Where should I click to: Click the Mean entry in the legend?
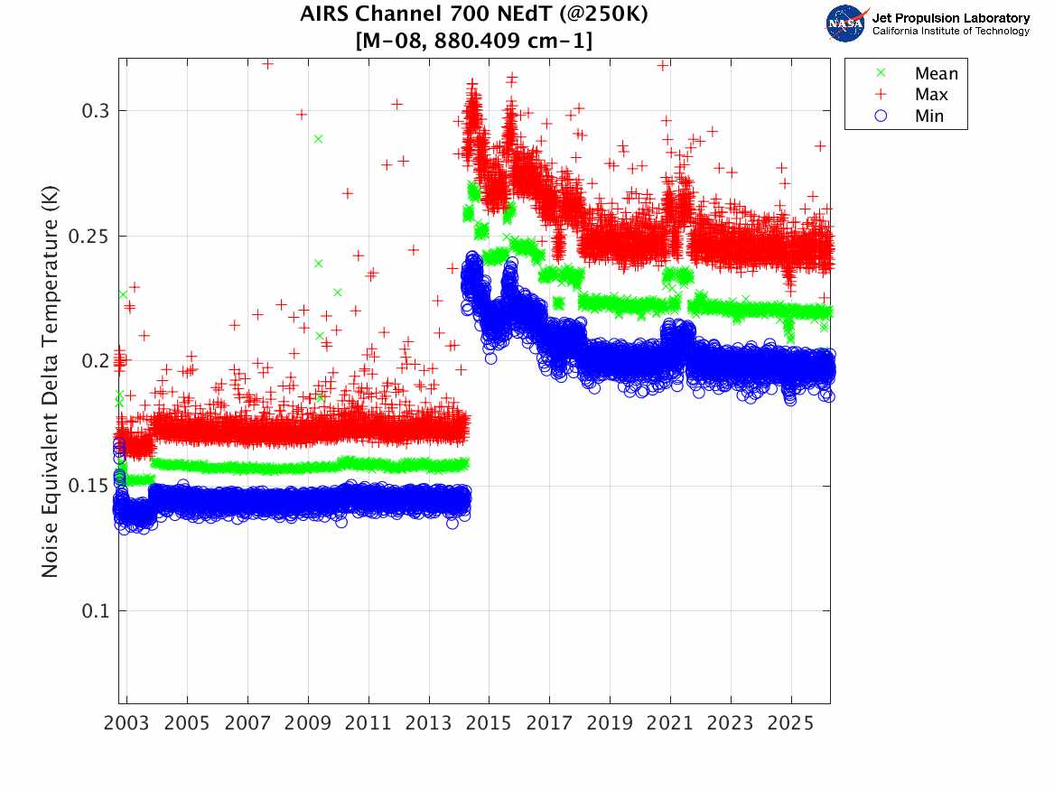[x=936, y=73]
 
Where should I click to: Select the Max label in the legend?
[x=931, y=95]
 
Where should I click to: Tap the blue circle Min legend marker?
[x=881, y=116]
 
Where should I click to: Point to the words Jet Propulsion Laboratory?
[x=950, y=18]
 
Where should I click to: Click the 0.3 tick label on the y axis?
[x=96, y=111]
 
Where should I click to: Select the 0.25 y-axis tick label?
[x=90, y=237]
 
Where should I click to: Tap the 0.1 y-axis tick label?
[x=96, y=611]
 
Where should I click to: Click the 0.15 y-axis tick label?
[x=90, y=487]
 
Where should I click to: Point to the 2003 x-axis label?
[x=126, y=723]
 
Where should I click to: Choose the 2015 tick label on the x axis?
[x=489, y=723]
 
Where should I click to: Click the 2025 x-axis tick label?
[x=790, y=723]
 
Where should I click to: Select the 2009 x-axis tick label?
[x=308, y=723]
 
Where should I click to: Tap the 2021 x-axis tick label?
[x=669, y=723]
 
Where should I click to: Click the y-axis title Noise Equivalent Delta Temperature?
[x=51, y=381]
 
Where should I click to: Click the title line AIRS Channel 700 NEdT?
[x=474, y=14]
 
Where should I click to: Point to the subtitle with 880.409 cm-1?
[x=474, y=41]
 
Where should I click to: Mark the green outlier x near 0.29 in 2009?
[x=318, y=139]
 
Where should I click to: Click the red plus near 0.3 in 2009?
[x=302, y=114]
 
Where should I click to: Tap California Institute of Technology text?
[x=950, y=31]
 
